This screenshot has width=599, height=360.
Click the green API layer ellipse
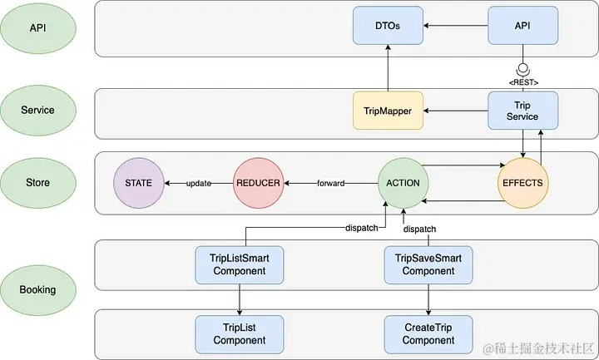pos(38,27)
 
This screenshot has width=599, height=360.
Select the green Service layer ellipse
pos(38,110)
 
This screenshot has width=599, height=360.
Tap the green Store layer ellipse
pos(38,182)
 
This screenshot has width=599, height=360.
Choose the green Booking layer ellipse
pos(38,289)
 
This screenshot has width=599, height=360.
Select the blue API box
pos(522,26)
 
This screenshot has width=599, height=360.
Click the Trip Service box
pos(522,111)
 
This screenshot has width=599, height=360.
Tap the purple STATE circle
pos(139,183)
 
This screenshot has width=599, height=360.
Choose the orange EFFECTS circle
pos(522,183)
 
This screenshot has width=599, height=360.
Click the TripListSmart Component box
pos(240,264)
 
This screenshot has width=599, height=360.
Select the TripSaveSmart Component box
pos(428,264)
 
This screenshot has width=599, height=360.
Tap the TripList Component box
pos(240,333)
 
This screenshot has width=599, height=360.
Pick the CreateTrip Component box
pos(428,333)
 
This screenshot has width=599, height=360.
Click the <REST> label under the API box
pos(522,82)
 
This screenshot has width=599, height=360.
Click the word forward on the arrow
pos(330,183)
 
